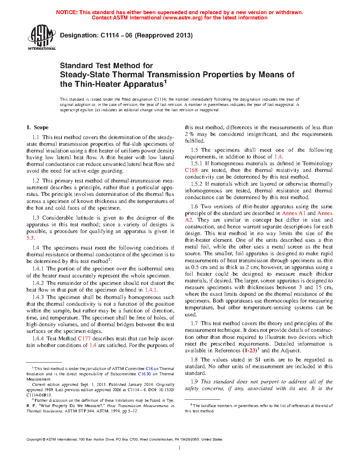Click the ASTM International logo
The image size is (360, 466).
(41, 37)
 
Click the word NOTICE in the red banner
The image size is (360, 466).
(67, 12)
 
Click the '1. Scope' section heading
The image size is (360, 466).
(37, 127)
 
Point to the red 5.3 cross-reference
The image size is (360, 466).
(30, 238)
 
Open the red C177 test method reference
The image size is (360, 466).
(84, 338)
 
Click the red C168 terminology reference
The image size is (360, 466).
(191, 170)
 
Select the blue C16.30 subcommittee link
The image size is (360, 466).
(144, 374)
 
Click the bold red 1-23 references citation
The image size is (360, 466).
(250, 351)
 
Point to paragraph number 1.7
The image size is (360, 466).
(194, 323)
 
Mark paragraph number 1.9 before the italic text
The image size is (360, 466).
(194, 382)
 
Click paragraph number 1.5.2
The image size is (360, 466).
(196, 184)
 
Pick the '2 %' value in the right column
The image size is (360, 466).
(189, 134)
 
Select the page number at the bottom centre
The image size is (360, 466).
(180, 448)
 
